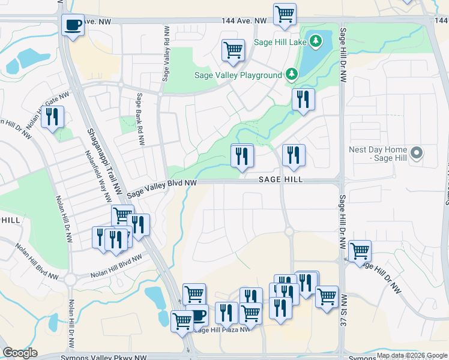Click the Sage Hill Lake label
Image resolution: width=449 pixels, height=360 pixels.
pos(280,42)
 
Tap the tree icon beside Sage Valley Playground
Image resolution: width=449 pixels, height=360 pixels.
pos(292,74)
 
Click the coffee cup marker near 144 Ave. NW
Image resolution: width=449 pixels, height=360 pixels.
pos(73,25)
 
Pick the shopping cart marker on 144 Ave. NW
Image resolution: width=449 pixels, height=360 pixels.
pos(285,14)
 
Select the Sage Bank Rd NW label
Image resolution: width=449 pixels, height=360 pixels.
pos(140,120)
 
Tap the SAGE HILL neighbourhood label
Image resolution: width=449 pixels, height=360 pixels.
pos(280,180)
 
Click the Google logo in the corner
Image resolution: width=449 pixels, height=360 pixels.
pos(20,353)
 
